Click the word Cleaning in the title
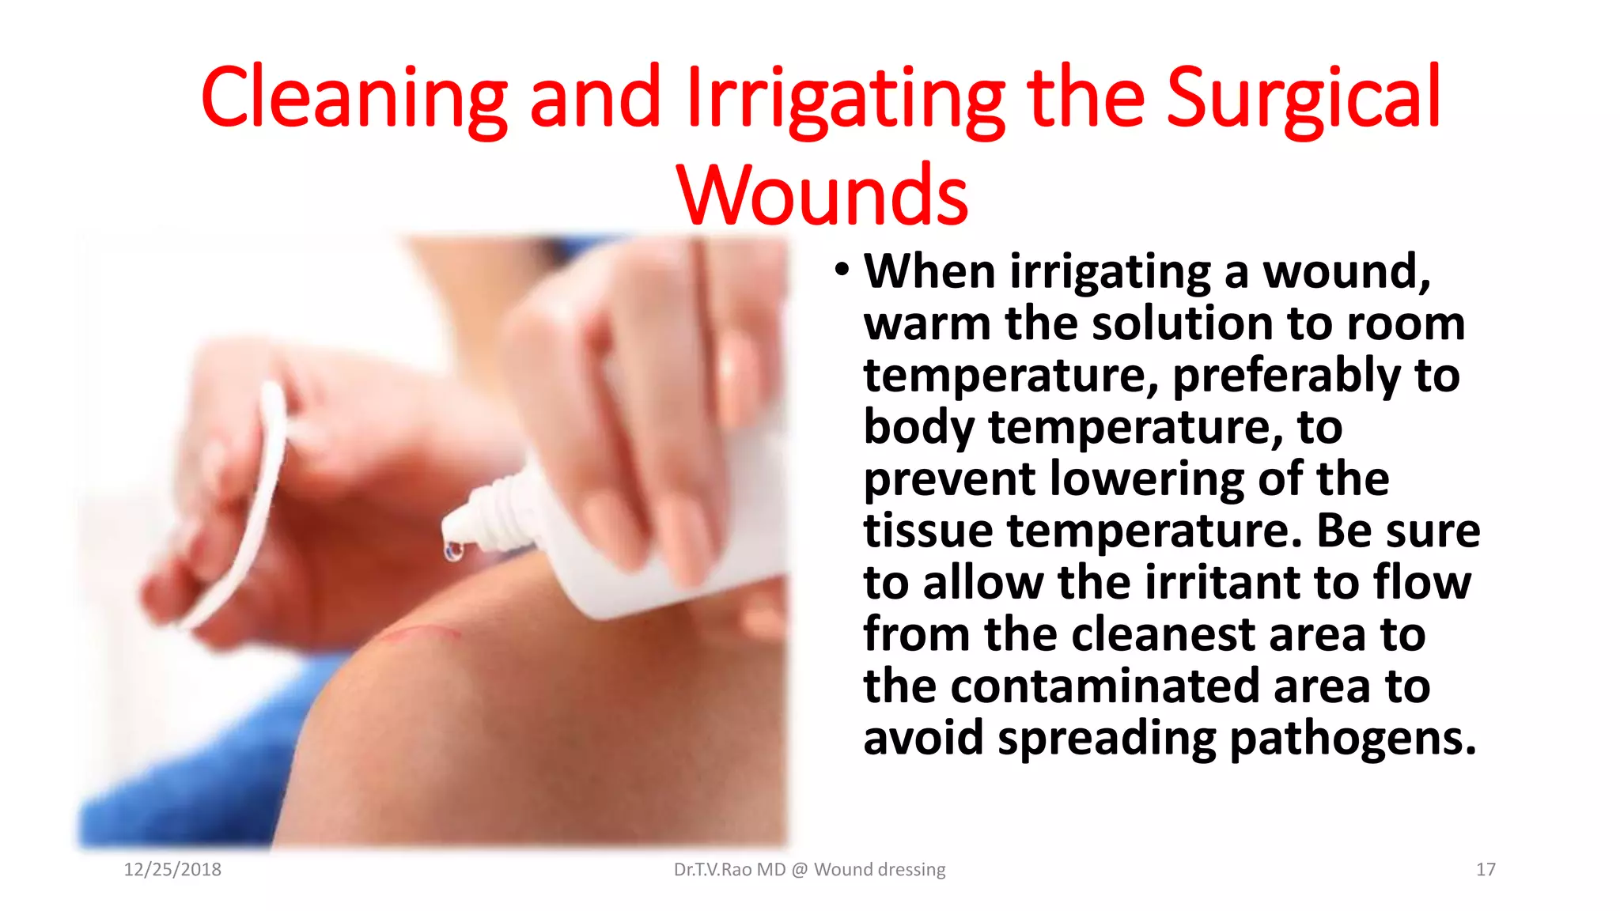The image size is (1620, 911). tap(354, 98)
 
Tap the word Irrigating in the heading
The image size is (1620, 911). tap(846, 98)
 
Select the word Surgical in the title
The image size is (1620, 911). tap(1303, 98)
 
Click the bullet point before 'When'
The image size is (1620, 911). tap(842, 271)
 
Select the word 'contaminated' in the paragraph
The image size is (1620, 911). tap(1105, 686)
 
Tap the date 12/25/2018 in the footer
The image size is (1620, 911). tap(172, 870)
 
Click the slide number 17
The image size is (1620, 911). tap(1486, 870)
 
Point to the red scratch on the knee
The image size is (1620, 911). tap(419, 633)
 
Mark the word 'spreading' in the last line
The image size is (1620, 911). tap(1107, 739)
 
